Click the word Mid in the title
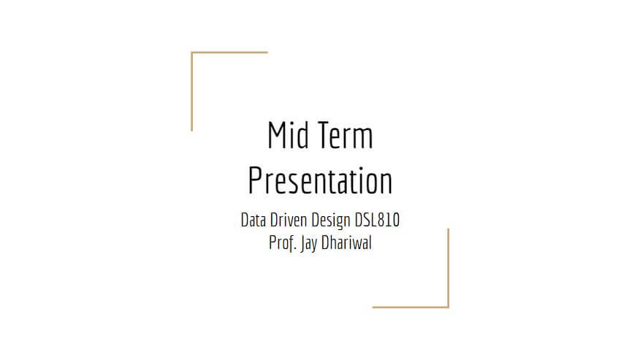click(288, 134)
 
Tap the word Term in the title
click(346, 134)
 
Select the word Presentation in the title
click(321, 181)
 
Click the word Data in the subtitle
click(253, 220)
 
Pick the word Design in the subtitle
click(331, 221)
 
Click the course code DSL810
click(377, 220)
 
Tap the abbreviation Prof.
click(283, 243)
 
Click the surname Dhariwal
click(346, 243)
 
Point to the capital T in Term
click(325, 134)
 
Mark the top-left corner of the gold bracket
click(191, 53)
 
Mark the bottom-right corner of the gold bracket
click(448, 307)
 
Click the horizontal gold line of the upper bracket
click(229, 53)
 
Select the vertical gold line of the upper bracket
click(191, 91)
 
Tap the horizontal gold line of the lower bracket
click(411, 307)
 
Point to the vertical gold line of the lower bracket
click(448, 268)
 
